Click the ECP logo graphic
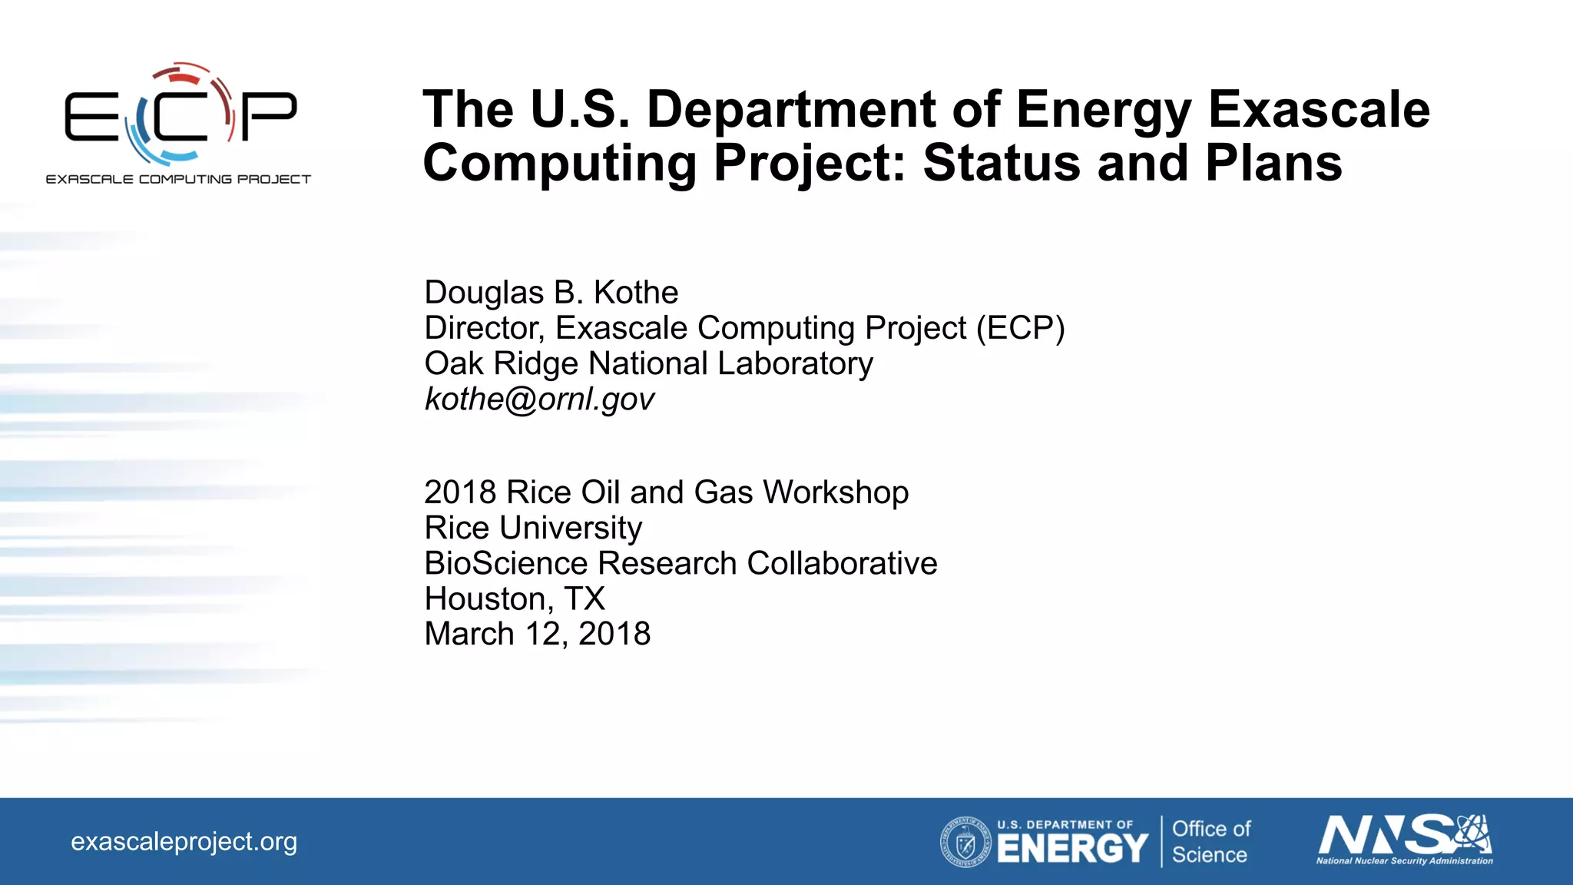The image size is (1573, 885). (x=180, y=115)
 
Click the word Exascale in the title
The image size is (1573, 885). (x=1319, y=109)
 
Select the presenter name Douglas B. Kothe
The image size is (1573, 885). (x=551, y=293)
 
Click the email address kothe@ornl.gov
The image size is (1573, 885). (x=539, y=399)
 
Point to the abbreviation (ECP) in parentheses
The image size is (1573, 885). (x=1020, y=328)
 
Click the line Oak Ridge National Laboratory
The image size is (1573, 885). (x=648, y=363)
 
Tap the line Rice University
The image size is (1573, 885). (x=533, y=528)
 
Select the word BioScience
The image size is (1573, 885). (x=505, y=563)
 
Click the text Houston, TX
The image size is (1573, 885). (x=515, y=598)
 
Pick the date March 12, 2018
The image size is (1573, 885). (x=537, y=634)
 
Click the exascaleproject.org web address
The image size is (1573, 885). (x=184, y=841)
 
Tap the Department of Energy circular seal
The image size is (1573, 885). (x=965, y=842)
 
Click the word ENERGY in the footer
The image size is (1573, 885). (x=1072, y=849)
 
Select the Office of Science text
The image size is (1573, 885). (x=1210, y=842)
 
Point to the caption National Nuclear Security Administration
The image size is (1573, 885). (x=1404, y=861)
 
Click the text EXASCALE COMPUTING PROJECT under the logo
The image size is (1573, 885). (x=178, y=179)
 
